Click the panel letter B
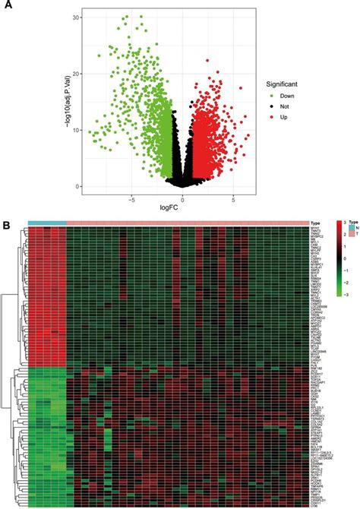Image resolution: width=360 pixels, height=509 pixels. [x=7, y=225]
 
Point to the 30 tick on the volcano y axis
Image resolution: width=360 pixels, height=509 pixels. [x=77, y=17]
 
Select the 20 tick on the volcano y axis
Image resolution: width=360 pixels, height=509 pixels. [x=77, y=74]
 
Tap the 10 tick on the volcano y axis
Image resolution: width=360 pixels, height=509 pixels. [x=77, y=130]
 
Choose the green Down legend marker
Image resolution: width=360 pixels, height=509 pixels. [x=271, y=96]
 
